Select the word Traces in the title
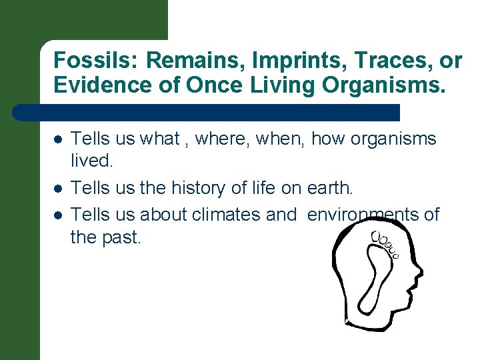point(381,61)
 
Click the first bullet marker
point(58,139)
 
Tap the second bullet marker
point(58,189)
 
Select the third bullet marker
point(58,214)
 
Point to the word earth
point(329,189)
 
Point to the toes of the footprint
point(386,244)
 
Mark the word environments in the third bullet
point(370,214)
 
